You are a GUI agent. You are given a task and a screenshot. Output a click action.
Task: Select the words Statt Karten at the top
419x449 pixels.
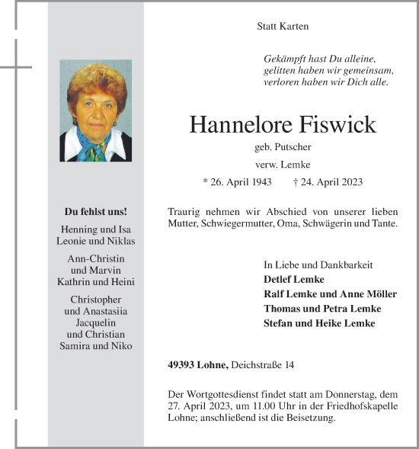coord(283,27)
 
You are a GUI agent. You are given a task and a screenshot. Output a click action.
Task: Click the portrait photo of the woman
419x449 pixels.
coord(95,111)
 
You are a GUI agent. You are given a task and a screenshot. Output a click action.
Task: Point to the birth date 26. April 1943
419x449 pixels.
coord(237,182)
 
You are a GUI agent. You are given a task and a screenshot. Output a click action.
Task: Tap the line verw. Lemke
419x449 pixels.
coord(283,164)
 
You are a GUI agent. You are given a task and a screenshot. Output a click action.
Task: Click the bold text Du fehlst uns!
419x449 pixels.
coord(95,211)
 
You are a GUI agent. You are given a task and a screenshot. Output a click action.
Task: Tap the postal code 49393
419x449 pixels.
coord(182,366)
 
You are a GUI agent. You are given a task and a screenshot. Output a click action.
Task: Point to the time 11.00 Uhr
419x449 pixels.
coord(264,406)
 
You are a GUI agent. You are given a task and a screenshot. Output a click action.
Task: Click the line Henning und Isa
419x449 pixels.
coord(95,229)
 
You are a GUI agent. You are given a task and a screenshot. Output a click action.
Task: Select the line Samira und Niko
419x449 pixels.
coord(95,345)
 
